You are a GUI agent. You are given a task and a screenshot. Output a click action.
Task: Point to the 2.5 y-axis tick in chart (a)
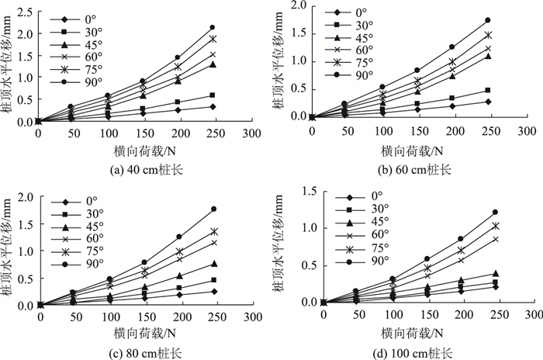(x=24, y=12)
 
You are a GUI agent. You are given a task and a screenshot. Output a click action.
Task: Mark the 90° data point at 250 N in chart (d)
(x=494, y=212)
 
